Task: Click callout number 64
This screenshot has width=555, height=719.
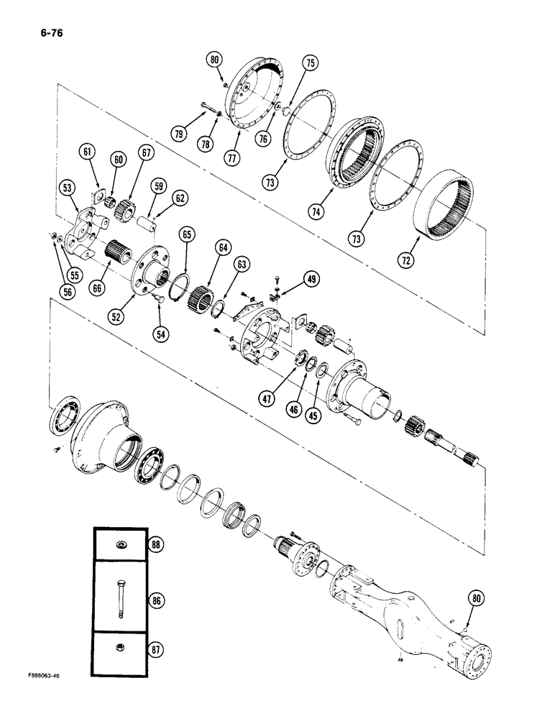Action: point(224,248)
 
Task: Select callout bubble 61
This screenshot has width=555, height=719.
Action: point(88,151)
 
